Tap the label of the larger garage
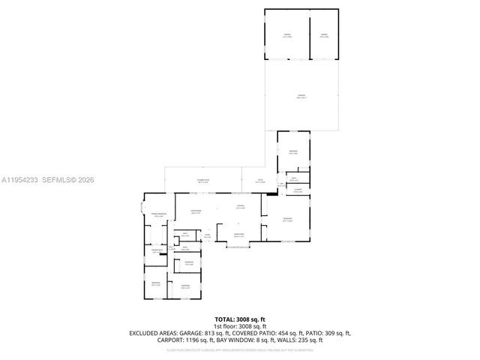coord(286,34)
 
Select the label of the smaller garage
coord(324,34)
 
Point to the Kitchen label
coord(240,207)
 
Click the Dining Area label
coord(240,235)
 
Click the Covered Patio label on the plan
coord(202,181)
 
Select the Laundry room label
coord(298,190)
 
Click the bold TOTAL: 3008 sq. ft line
coord(240,319)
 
